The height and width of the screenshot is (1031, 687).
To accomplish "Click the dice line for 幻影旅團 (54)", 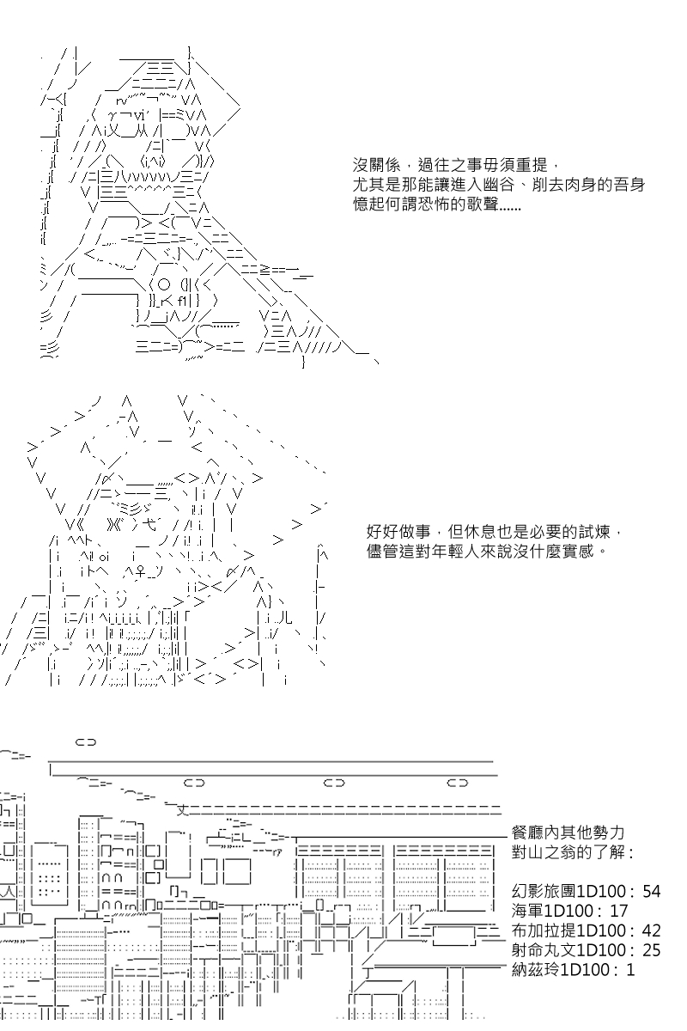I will point(586,891).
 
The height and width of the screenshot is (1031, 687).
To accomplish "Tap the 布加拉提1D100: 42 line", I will point(586,930).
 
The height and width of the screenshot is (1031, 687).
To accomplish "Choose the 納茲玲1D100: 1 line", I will point(573,970).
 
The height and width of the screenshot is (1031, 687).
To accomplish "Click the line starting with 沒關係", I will point(456,164).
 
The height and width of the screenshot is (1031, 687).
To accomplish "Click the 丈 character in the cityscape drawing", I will point(181,808).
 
